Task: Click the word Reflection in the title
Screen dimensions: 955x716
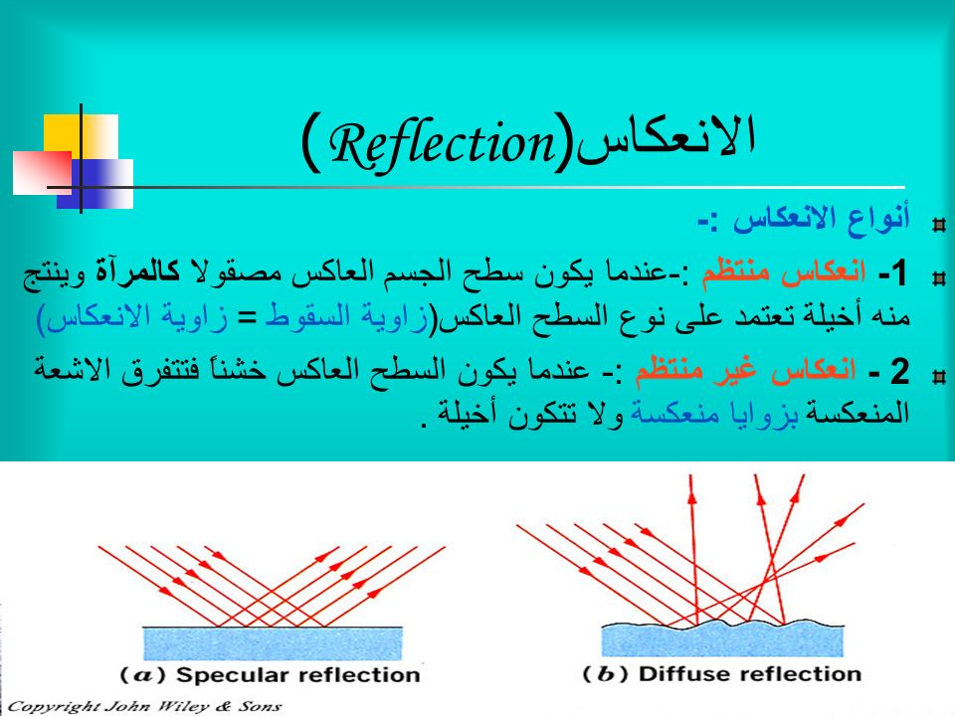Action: click(x=442, y=144)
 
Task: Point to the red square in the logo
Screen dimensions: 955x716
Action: click(x=42, y=172)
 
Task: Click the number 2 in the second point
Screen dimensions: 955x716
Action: click(x=899, y=371)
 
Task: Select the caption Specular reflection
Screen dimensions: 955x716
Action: click(x=297, y=674)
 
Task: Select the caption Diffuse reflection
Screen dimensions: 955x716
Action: click(x=750, y=673)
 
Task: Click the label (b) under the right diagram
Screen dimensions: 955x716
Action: click(x=606, y=674)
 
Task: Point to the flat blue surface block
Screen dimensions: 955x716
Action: click(x=273, y=643)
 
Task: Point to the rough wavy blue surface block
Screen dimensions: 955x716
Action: click(x=722, y=639)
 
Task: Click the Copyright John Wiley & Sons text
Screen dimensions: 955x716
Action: click(x=144, y=707)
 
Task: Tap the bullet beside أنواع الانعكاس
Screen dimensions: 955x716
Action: click(x=938, y=225)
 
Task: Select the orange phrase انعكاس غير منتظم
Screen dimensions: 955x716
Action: click(x=746, y=368)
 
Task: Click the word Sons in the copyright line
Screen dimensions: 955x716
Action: click(x=260, y=706)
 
